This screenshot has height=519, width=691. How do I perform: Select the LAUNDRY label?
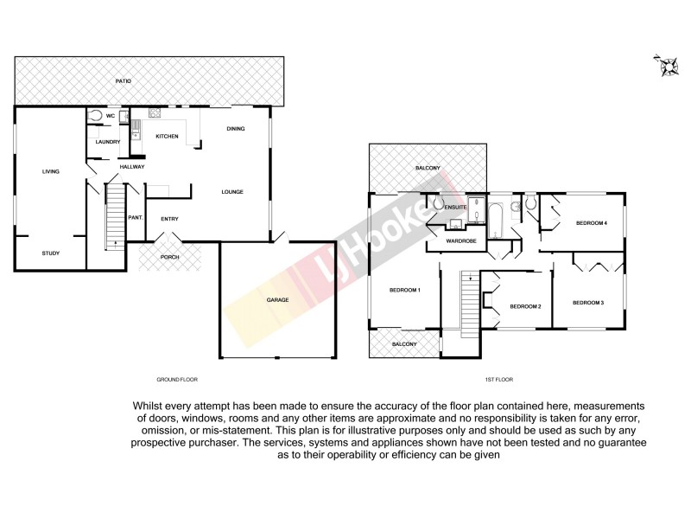pos(107,142)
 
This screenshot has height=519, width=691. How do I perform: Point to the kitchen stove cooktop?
pos(155,112)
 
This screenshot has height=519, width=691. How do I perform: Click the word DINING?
pos(236,129)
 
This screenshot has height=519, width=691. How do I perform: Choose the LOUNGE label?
pos(231,192)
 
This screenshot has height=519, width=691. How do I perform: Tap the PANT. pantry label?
pos(135,218)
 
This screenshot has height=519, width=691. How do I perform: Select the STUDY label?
pos(51,253)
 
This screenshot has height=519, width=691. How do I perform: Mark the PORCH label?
pos(170,257)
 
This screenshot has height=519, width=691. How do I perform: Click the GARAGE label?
pos(277,300)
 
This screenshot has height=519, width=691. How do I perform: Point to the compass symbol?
pos(667,65)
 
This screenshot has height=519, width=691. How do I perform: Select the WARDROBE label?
pos(461,240)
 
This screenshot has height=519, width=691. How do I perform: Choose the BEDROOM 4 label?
pos(593,223)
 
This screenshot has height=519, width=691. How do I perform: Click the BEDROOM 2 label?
pos(525,306)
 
